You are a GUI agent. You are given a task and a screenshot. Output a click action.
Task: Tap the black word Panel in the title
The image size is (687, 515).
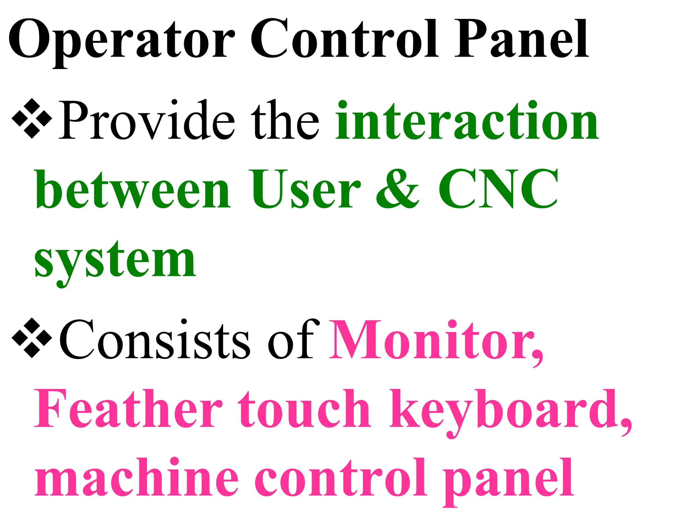521,40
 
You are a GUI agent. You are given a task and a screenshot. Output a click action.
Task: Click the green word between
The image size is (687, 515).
133,189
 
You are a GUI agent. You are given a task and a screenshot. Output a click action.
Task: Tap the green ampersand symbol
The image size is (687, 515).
398,189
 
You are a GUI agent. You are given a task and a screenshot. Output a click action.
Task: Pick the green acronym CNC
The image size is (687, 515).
498,189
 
